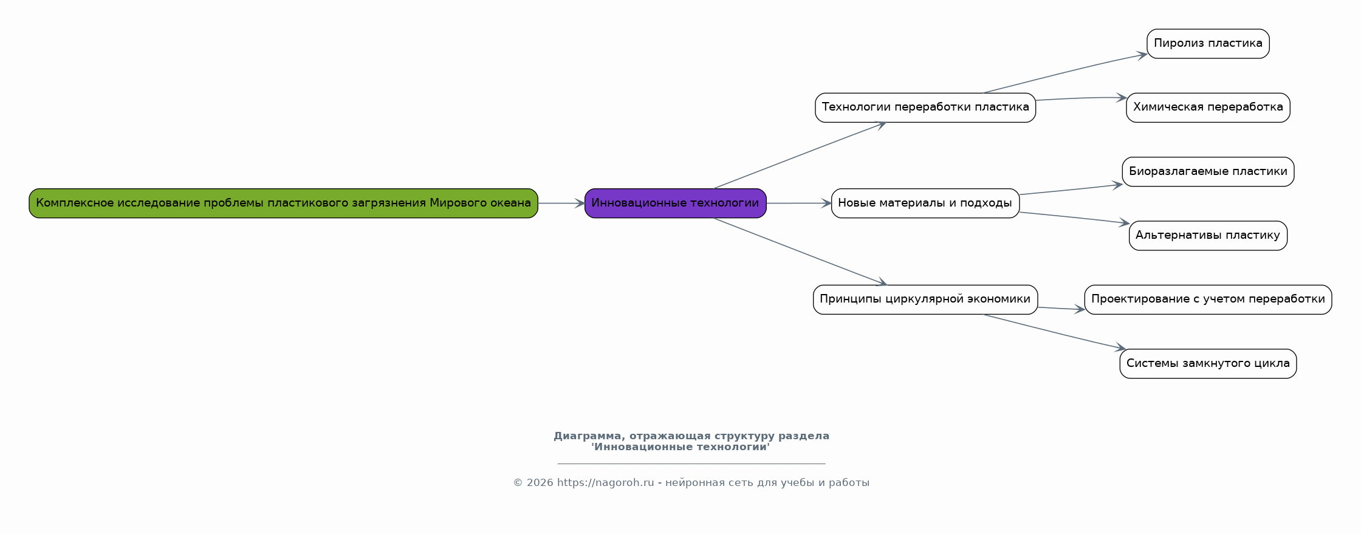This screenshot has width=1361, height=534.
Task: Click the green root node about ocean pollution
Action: pyautogui.click(x=283, y=203)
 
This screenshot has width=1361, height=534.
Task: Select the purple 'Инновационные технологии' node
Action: pyautogui.click(x=675, y=203)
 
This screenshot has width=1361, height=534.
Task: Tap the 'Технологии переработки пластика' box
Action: pyautogui.click(x=925, y=108)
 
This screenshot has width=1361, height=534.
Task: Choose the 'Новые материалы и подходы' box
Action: pyautogui.click(x=925, y=203)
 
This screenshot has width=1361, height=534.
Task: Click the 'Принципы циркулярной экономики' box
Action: pyautogui.click(x=925, y=300)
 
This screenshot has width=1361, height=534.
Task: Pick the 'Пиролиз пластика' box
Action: pyautogui.click(x=1208, y=44)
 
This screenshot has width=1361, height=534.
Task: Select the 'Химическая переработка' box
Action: pyautogui.click(x=1208, y=108)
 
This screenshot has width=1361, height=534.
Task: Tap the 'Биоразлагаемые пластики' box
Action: pyautogui.click(x=1208, y=172)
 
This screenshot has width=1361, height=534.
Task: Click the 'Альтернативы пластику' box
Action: pyautogui.click(x=1208, y=236)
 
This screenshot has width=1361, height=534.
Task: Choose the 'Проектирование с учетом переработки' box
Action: pyautogui.click(x=1208, y=300)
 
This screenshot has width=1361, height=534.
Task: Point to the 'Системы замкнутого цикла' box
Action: pyautogui.click(x=1208, y=364)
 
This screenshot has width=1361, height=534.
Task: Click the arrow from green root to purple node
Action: pyautogui.click(x=561, y=204)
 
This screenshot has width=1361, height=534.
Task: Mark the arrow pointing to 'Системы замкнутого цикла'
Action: pyautogui.click(x=1055, y=332)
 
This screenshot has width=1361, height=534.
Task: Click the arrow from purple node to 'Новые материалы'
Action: pyautogui.click(x=799, y=204)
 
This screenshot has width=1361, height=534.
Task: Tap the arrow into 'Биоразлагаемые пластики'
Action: pyautogui.click(x=1071, y=190)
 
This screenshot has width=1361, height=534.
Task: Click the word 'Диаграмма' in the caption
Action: pyautogui.click(x=588, y=436)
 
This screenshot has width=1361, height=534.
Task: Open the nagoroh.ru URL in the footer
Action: pyautogui.click(x=606, y=483)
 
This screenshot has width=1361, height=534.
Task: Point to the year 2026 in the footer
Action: pyautogui.click(x=540, y=483)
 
